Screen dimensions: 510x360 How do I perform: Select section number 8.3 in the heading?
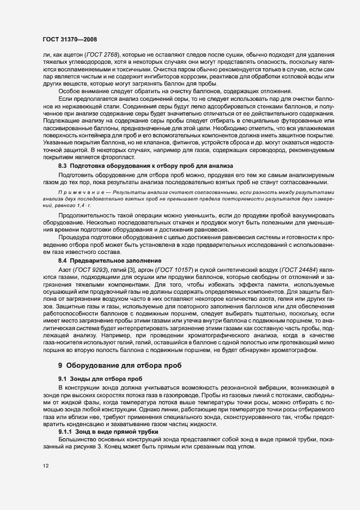(62, 165)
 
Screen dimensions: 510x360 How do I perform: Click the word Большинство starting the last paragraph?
(76, 439)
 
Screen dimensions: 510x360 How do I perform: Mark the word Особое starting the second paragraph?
(69, 91)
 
